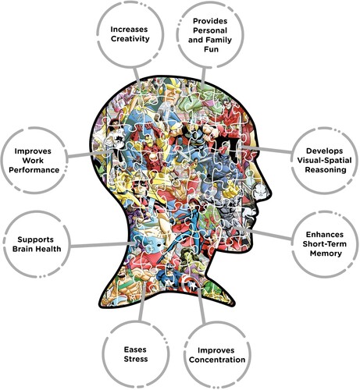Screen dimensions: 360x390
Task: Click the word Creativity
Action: pyautogui.click(x=130, y=39)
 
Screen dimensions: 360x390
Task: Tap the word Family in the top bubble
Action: pyautogui.click(x=219, y=40)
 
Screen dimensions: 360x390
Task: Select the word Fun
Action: pyautogui.click(x=211, y=49)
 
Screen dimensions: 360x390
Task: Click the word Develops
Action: pyautogui.click(x=324, y=151)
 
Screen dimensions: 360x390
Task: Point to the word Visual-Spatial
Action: pyautogui.click(x=324, y=160)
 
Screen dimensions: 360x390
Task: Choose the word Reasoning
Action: pyautogui.click(x=326, y=170)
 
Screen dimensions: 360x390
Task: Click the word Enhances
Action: pyautogui.click(x=325, y=235)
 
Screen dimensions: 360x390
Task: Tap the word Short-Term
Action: pyautogui.click(x=325, y=244)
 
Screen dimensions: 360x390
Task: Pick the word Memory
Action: pyautogui.click(x=326, y=253)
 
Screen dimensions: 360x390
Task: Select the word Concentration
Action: pyautogui.click(x=217, y=360)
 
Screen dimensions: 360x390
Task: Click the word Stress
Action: pyautogui.click(x=136, y=359)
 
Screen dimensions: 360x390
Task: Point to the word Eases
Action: pyautogui.click(x=135, y=349)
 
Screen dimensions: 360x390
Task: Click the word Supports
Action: pyautogui.click(x=35, y=239)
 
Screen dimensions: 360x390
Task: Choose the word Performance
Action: pyautogui.click(x=34, y=170)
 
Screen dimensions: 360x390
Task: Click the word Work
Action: pyautogui.click(x=33, y=161)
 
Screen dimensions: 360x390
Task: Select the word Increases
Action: pyautogui.click(x=129, y=30)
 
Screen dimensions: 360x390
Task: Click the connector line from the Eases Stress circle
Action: pyautogui.click(x=142, y=302)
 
